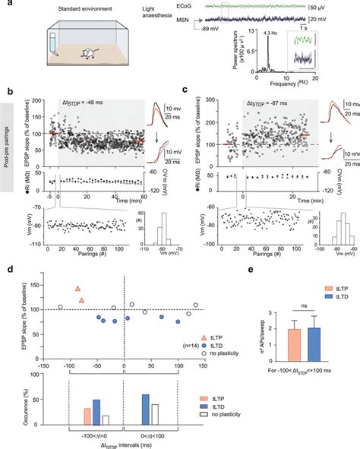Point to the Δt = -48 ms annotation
(x=90, y=102)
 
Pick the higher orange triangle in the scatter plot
(x=77, y=289)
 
